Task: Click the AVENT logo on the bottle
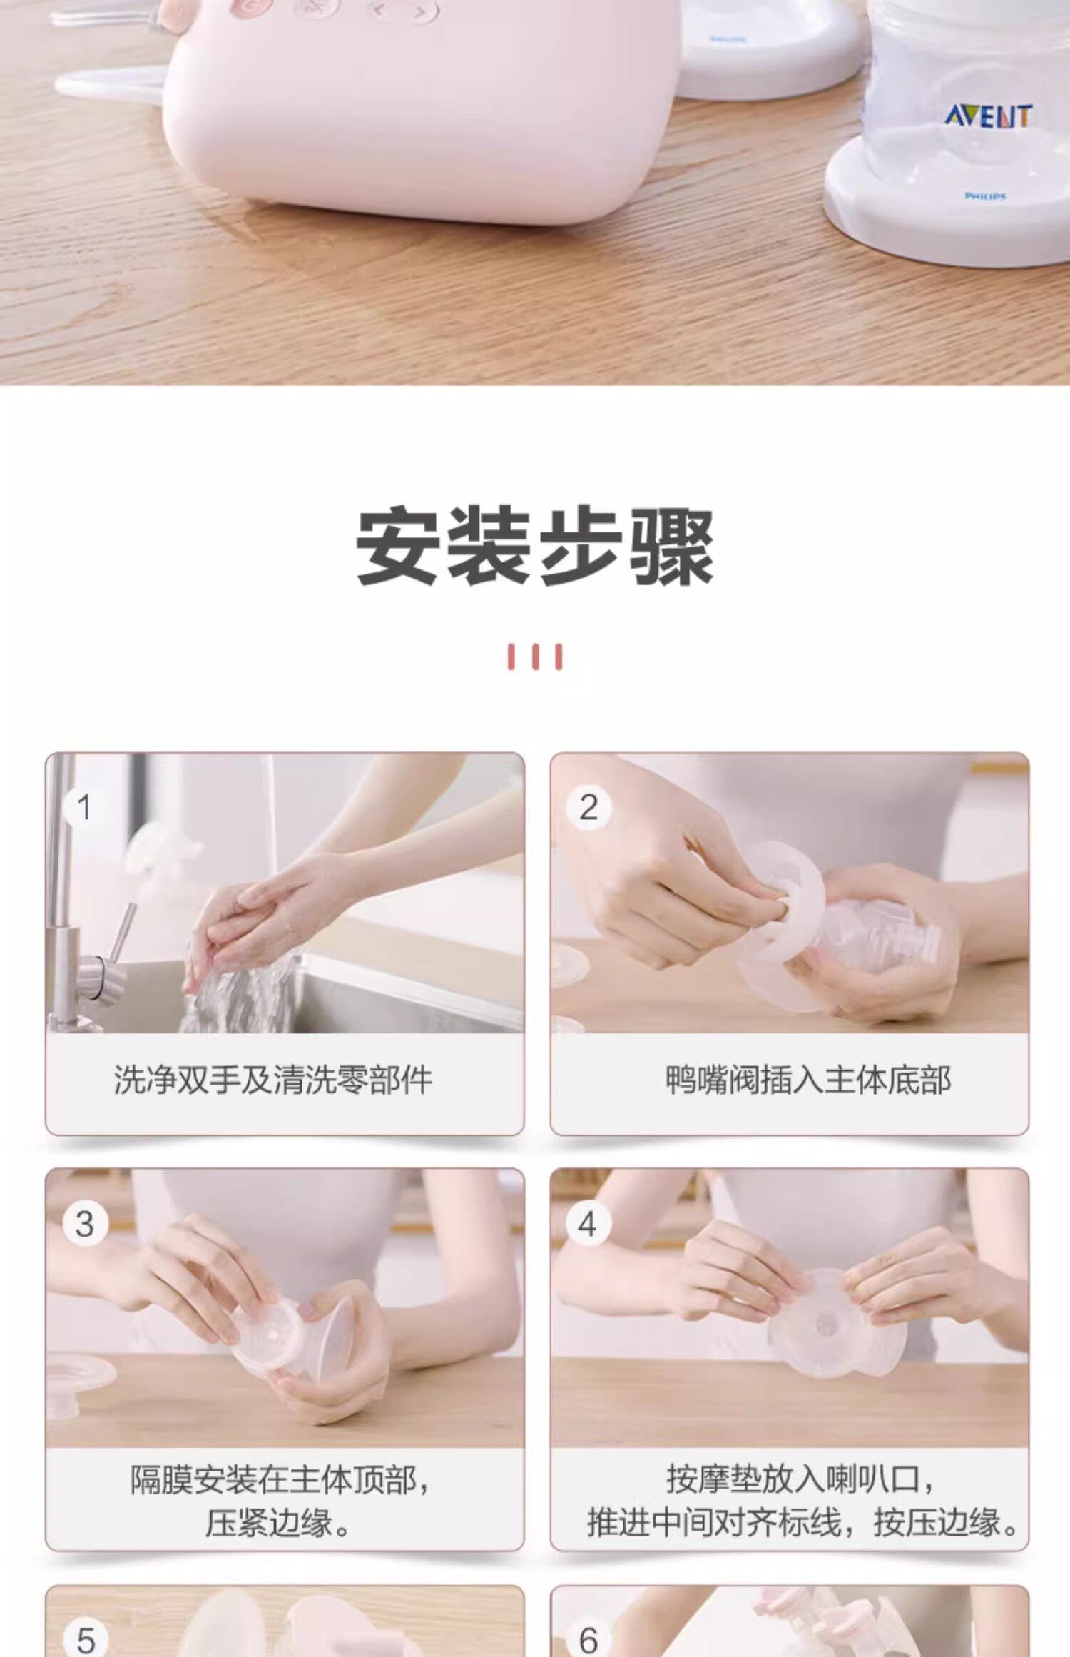coord(988,116)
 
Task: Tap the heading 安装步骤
coord(535,547)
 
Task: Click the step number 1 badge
coord(84,808)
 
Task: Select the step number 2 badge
coord(588,808)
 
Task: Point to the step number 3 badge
coord(84,1225)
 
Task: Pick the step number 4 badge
coord(588,1225)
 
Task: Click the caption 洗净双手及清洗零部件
coord(273,1080)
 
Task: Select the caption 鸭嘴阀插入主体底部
coord(808,1080)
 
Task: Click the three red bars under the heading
coord(535,657)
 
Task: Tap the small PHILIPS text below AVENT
coord(985,196)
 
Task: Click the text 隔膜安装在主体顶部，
coord(280,1479)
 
